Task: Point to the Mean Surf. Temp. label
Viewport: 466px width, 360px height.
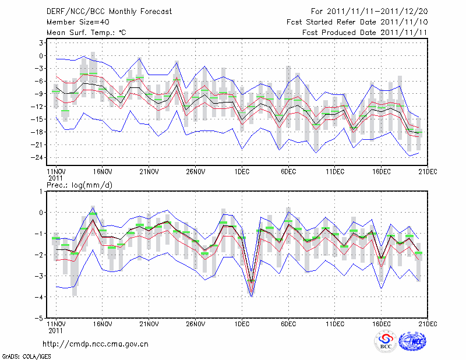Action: click(x=86, y=33)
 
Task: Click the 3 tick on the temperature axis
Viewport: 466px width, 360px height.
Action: click(x=43, y=43)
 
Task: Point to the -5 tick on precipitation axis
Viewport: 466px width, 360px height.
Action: click(x=41, y=318)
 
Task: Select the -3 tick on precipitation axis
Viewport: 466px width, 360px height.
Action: click(x=41, y=276)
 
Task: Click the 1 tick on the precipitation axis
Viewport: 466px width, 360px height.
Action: click(x=43, y=191)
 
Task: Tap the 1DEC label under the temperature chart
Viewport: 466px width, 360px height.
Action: click(x=242, y=171)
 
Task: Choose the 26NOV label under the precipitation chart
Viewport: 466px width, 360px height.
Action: click(x=195, y=324)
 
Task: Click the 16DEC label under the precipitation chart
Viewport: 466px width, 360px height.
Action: click(x=382, y=324)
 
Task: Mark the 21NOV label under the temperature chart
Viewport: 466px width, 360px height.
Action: click(x=149, y=171)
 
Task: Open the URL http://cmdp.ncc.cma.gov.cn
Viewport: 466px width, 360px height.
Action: click(x=96, y=344)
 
